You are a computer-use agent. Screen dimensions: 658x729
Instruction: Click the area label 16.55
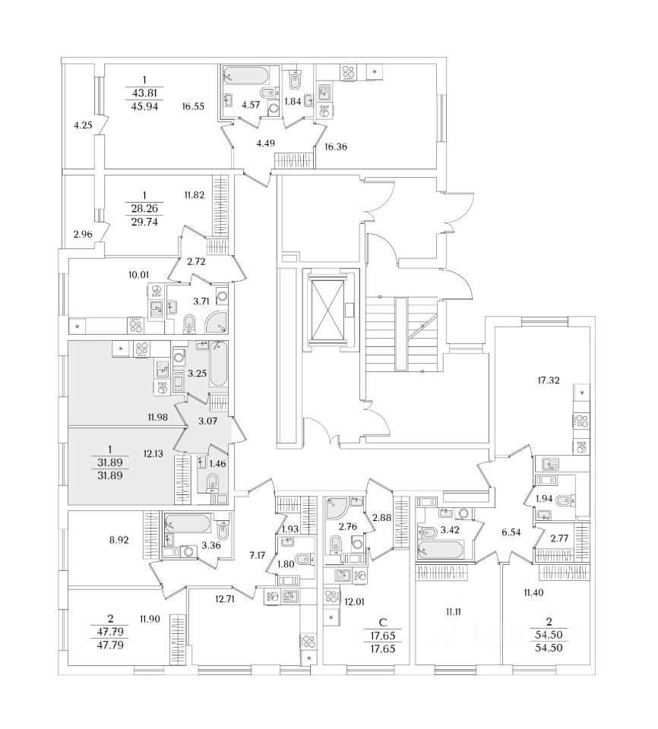pos(193,108)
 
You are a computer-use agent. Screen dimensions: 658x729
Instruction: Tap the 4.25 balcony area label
pos(83,126)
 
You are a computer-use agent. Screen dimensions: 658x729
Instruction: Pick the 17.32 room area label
pos(547,380)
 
